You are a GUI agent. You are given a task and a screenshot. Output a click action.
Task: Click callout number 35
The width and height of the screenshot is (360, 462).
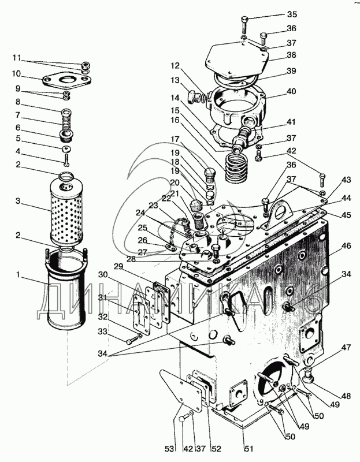click(291, 14)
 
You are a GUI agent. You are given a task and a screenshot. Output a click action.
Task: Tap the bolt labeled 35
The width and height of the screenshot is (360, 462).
click(244, 25)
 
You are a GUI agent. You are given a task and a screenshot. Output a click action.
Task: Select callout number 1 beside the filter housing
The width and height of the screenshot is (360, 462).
click(18, 275)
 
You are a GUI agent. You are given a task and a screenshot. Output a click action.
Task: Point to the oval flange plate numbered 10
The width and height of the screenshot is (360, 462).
click(66, 80)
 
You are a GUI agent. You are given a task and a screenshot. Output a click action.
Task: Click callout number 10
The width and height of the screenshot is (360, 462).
click(16, 73)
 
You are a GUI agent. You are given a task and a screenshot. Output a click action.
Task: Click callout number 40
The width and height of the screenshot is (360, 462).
click(291, 91)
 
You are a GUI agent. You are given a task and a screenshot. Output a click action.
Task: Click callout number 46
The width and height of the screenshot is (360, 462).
click(346, 245)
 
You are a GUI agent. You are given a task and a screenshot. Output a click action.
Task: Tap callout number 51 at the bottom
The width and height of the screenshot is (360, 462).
click(248, 449)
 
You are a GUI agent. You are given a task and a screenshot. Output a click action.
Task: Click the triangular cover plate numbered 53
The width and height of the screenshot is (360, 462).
click(181, 388)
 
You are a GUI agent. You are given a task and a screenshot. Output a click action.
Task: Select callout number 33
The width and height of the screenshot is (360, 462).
click(102, 331)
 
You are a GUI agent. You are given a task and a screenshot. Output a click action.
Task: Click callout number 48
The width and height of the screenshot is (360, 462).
click(346, 396)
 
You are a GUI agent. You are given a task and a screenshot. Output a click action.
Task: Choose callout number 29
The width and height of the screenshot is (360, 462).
click(118, 267)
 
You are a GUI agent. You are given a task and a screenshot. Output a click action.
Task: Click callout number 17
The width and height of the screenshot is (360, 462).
click(175, 139)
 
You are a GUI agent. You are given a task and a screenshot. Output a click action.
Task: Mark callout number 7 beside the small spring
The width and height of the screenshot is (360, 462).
click(18, 114)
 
